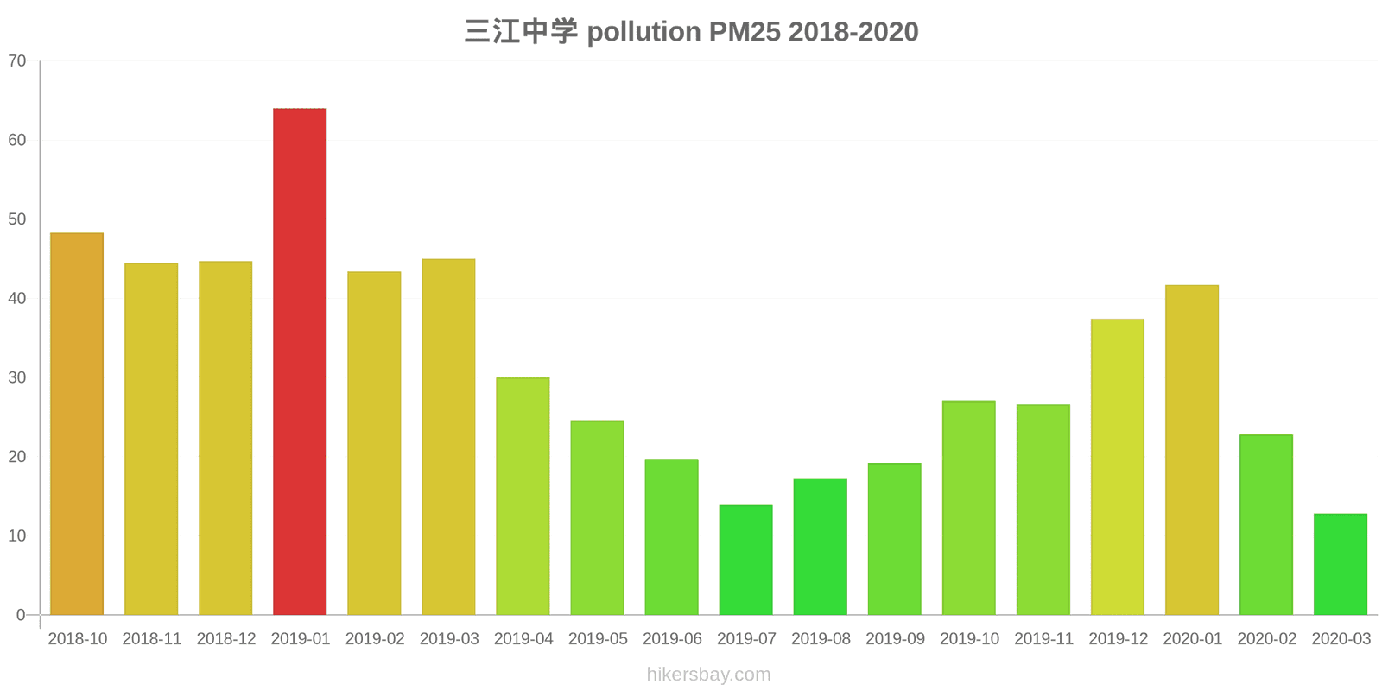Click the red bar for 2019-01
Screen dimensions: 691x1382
[300, 362]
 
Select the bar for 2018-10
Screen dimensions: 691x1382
[77, 424]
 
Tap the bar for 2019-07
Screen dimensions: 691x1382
[745, 560]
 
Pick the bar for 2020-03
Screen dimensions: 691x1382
[1340, 564]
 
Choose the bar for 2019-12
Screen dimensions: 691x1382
[1117, 467]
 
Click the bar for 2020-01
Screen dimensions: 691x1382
[1191, 450]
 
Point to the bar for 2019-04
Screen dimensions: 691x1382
[523, 496]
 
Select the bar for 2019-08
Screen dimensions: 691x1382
[820, 547]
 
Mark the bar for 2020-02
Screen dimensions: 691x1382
[1265, 525]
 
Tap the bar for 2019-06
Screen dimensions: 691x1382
[671, 537]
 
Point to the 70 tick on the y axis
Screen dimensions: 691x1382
[17, 61]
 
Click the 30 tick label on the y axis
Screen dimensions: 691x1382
[17, 377]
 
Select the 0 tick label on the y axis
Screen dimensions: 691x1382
[21, 615]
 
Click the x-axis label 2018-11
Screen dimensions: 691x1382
[152, 639]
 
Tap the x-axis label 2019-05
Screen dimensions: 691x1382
[598, 639]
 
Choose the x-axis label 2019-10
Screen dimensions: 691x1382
[969, 639]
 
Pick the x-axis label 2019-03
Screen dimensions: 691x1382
[449, 639]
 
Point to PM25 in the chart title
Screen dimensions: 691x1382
[745, 32]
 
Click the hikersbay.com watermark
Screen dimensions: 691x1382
[708, 675]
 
